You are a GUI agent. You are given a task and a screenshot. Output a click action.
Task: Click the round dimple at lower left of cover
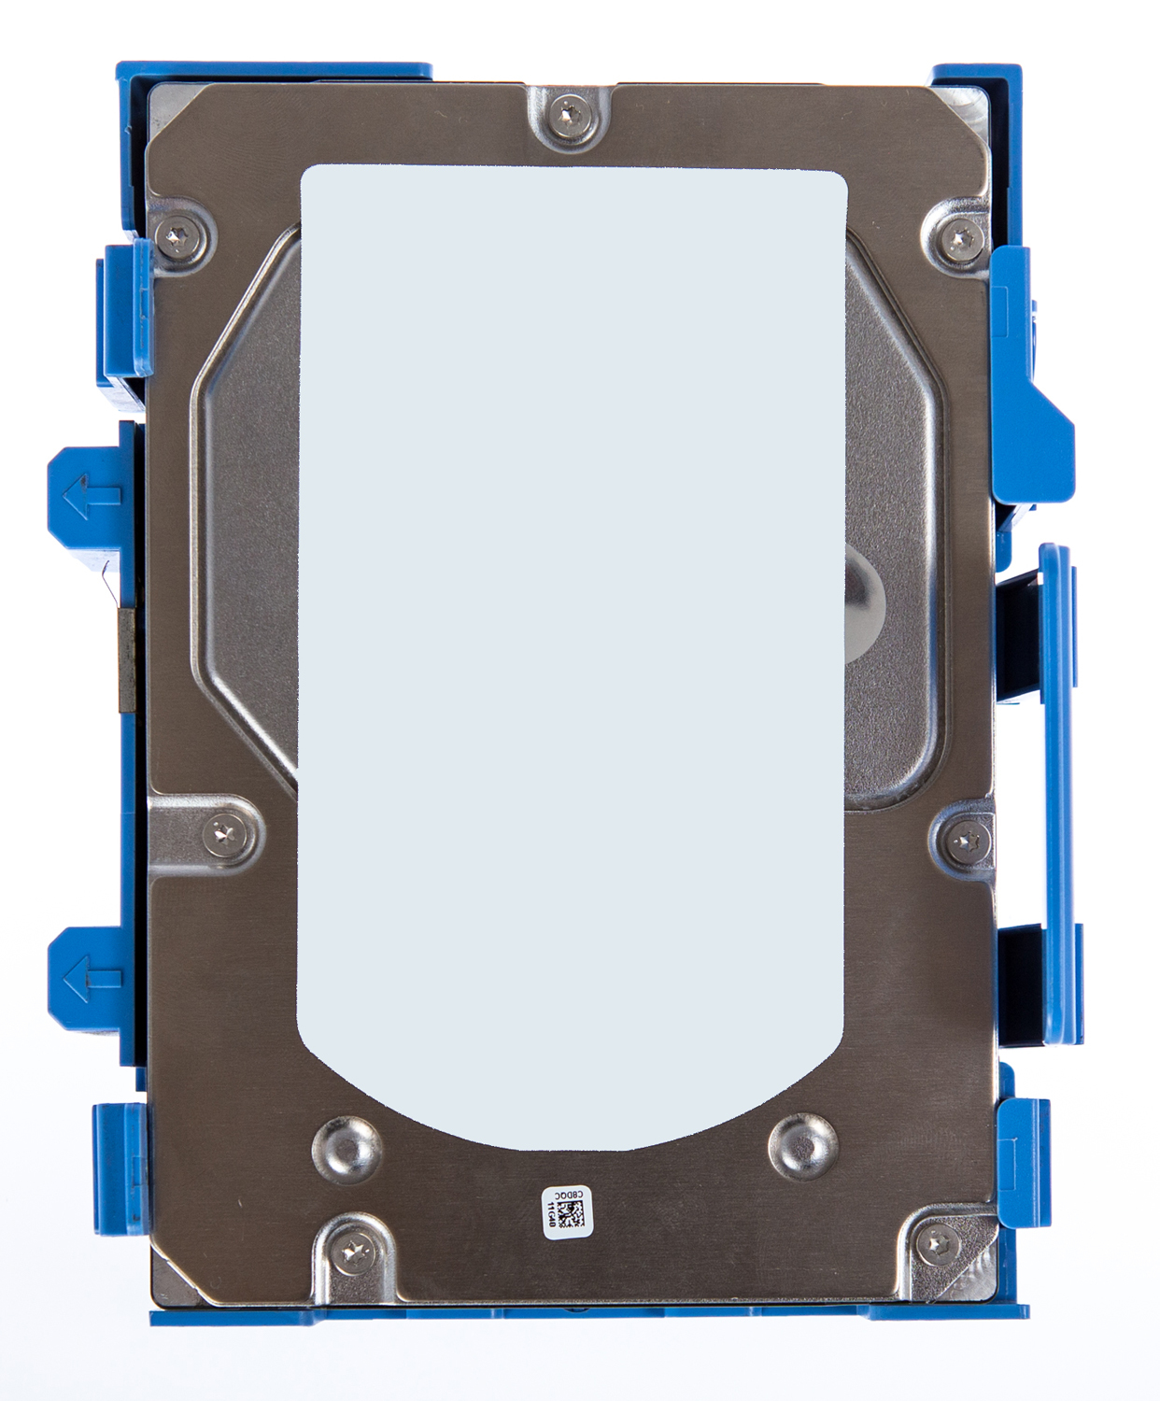coord(346,1149)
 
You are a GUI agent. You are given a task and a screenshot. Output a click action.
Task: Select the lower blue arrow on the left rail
coord(91,978)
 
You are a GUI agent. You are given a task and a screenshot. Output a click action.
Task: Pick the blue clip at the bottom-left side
coord(119,1167)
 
